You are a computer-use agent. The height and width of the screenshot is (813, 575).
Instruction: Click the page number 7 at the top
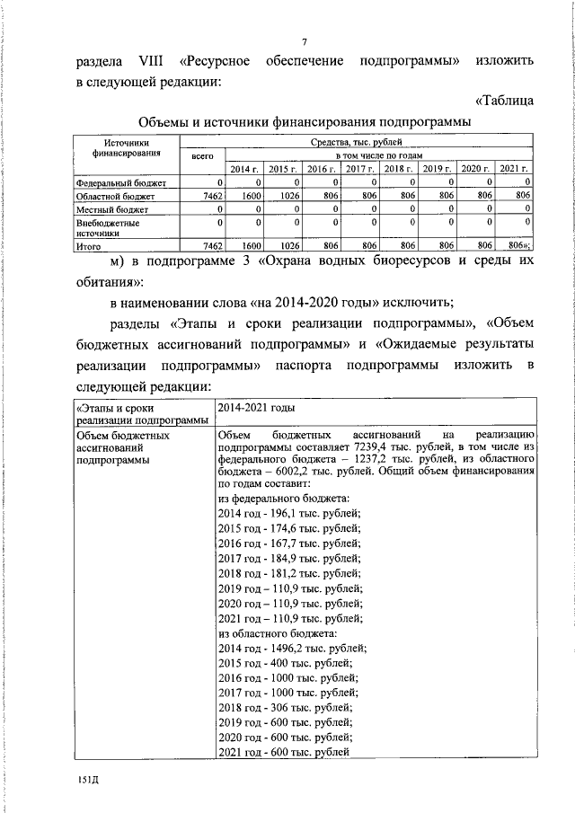tap(305, 43)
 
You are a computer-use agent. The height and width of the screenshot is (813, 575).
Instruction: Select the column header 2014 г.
tap(243, 169)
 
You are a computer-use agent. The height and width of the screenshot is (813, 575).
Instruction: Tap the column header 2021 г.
tap(514, 169)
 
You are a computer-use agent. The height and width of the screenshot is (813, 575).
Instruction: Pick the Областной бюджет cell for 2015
tap(282, 195)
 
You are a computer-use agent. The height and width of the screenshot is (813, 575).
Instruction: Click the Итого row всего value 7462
tap(208, 244)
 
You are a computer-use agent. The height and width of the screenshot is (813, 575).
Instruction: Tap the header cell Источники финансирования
tap(125, 148)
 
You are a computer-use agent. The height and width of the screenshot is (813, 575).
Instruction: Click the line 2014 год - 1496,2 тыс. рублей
tap(292, 647)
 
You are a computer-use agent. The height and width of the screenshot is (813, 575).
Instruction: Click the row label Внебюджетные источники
tap(107, 226)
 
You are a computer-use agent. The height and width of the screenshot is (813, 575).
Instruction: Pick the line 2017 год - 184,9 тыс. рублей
tap(289, 557)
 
